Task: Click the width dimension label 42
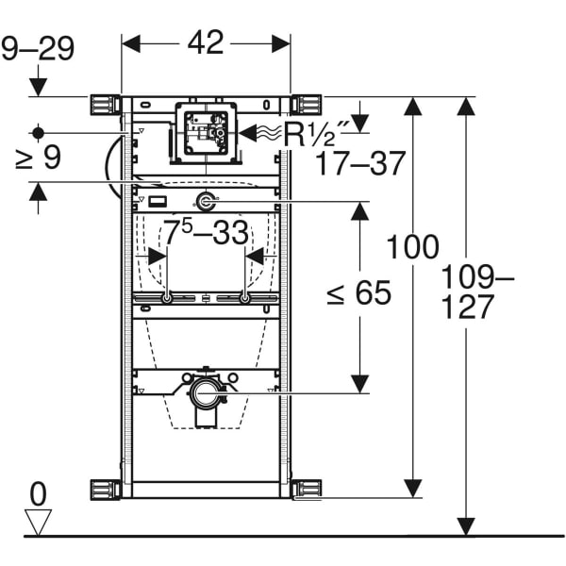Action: click(x=206, y=42)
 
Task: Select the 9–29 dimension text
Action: click(x=38, y=48)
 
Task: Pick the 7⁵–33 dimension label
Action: click(x=205, y=230)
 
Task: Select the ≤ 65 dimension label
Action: click(x=358, y=293)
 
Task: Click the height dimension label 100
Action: click(x=412, y=248)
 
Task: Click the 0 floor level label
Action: click(x=38, y=493)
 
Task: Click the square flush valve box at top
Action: click(x=206, y=132)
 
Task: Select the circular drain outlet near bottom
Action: click(x=206, y=391)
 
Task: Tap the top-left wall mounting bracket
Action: click(x=105, y=104)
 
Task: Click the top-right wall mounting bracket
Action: click(x=307, y=104)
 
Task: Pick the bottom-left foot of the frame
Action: click(x=105, y=489)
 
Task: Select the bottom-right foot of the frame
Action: click(x=307, y=489)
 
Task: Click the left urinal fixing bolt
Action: click(x=167, y=299)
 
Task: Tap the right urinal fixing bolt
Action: click(x=245, y=299)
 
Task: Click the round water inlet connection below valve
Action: click(x=206, y=200)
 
